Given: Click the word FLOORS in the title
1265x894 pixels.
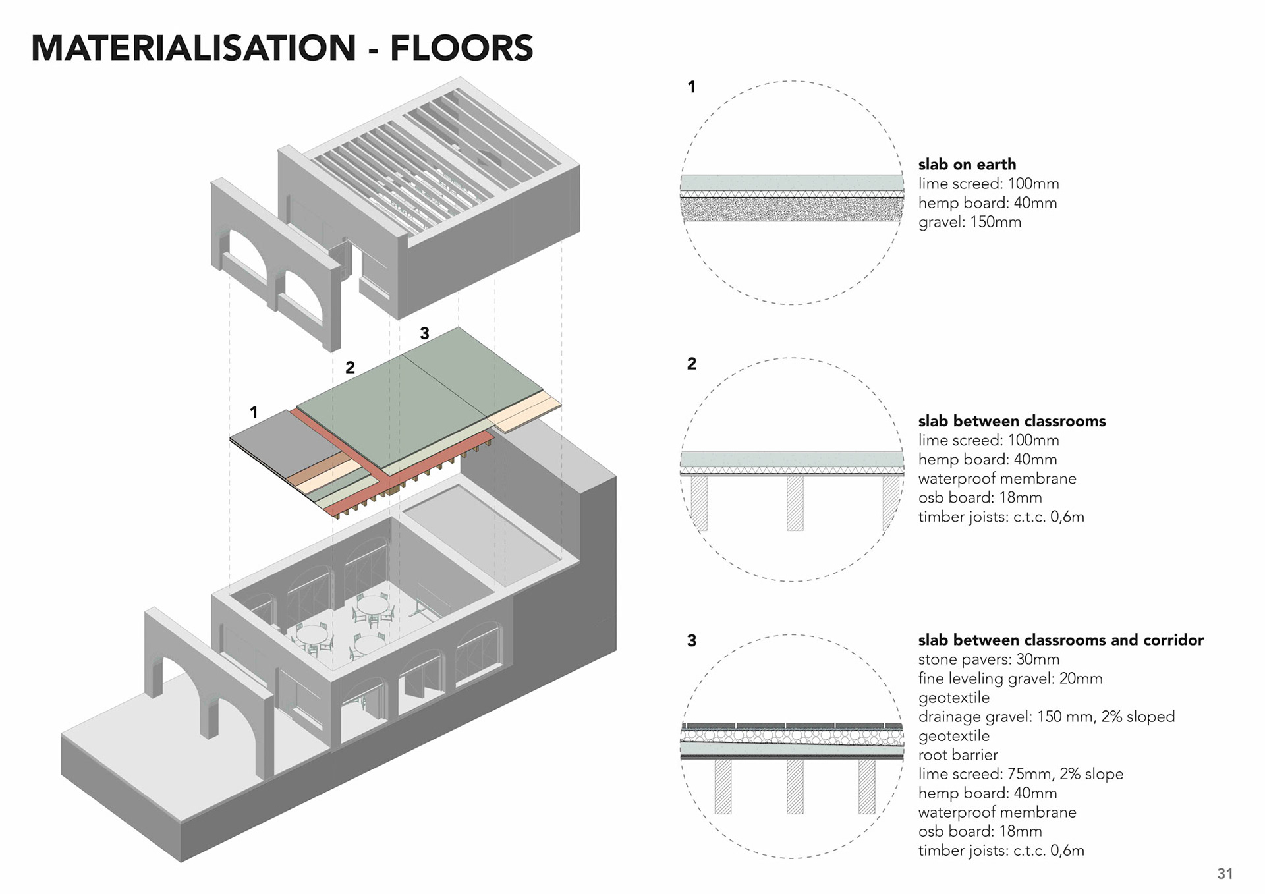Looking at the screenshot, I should click(461, 48).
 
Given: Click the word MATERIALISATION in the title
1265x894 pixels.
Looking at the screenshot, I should click(194, 48).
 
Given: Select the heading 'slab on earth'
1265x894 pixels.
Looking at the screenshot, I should click(967, 164).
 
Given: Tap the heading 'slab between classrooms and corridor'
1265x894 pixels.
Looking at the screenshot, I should click(1060, 640).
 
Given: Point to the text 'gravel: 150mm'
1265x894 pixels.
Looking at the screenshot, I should click(969, 222).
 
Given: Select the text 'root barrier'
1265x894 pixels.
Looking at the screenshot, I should click(957, 755).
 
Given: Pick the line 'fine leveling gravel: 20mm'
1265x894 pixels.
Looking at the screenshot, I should click(1009, 679).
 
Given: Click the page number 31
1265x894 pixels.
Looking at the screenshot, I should click(1225, 874).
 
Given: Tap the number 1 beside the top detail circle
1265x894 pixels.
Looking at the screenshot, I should click(691, 87).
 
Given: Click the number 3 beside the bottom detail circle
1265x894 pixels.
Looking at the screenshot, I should click(691, 641).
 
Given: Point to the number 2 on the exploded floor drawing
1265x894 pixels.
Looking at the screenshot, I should click(350, 368).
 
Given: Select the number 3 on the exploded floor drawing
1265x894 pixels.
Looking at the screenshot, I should click(424, 334).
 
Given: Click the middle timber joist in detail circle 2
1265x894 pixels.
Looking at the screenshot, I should click(795, 503).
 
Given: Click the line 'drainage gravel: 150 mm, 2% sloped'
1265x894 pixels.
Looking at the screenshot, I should click(1046, 717).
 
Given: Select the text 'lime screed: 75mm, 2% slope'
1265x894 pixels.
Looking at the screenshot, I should click(1020, 774).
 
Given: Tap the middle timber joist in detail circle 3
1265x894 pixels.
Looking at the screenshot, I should click(795, 787).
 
